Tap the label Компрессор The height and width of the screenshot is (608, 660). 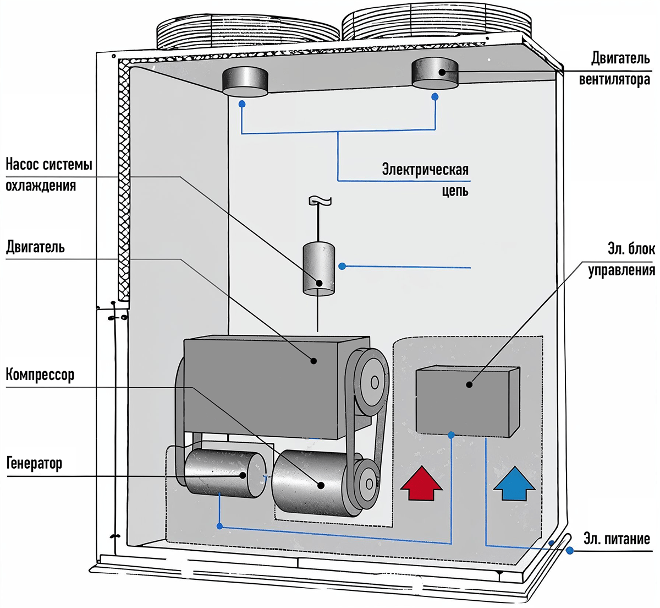tap(40, 375)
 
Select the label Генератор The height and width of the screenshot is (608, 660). tap(34, 463)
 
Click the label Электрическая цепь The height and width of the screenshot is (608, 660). tap(426, 180)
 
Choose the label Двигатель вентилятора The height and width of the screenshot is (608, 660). tap(615, 69)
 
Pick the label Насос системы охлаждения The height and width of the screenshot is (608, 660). tap(48, 175)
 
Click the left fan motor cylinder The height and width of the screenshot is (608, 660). tap(245, 82)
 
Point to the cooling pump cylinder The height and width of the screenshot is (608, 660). tap(319, 268)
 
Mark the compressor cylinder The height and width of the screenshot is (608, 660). tap(308, 484)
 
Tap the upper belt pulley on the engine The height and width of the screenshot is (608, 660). tap(372, 382)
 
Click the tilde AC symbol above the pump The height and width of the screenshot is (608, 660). tap(320, 202)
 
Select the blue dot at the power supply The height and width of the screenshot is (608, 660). tap(570, 550)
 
